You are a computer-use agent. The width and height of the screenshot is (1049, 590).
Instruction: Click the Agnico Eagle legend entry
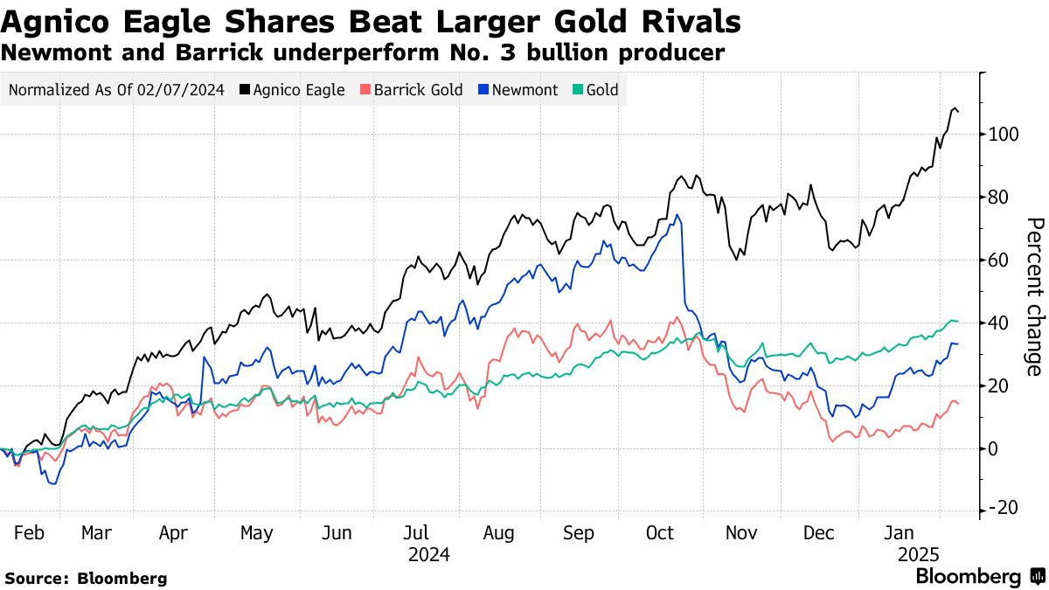[292, 90]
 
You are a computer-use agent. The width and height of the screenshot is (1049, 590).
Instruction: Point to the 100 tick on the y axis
[1004, 135]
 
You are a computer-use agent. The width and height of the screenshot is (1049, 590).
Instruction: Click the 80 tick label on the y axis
[1000, 198]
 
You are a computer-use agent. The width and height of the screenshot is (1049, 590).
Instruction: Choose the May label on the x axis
[256, 532]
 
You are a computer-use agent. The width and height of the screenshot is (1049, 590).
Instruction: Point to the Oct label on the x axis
[661, 532]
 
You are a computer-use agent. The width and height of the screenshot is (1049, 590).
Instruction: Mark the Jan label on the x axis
[900, 532]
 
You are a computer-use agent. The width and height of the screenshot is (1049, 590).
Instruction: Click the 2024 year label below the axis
[428, 554]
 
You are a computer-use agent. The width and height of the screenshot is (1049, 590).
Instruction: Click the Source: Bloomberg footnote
[86, 578]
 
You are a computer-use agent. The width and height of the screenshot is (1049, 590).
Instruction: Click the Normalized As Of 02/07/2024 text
[115, 90]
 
